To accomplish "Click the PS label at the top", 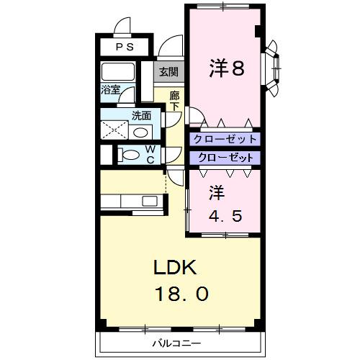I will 125,48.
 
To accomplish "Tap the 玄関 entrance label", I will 169,71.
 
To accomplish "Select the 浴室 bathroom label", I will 110,91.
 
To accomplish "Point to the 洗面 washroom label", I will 141,115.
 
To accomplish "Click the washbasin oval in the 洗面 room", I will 142,132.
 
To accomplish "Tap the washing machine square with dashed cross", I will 114,130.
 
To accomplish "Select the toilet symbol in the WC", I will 130,154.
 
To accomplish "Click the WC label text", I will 150,154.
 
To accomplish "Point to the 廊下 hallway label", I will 174,101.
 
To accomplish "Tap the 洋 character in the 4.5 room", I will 217,194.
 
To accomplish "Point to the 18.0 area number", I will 181,294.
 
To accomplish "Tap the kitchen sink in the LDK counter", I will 150,200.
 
